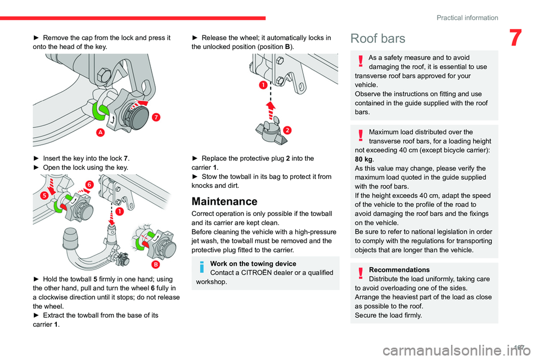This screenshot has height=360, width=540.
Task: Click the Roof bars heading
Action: [377, 38]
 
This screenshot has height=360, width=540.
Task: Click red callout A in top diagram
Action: [100, 132]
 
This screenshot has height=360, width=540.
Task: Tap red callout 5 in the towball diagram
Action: [43, 195]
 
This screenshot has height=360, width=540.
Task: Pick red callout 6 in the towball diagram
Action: [89, 184]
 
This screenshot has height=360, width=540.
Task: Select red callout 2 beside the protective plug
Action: [286, 130]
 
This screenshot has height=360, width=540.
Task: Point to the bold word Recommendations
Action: [399, 269]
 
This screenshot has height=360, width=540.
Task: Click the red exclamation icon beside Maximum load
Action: [361, 136]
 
